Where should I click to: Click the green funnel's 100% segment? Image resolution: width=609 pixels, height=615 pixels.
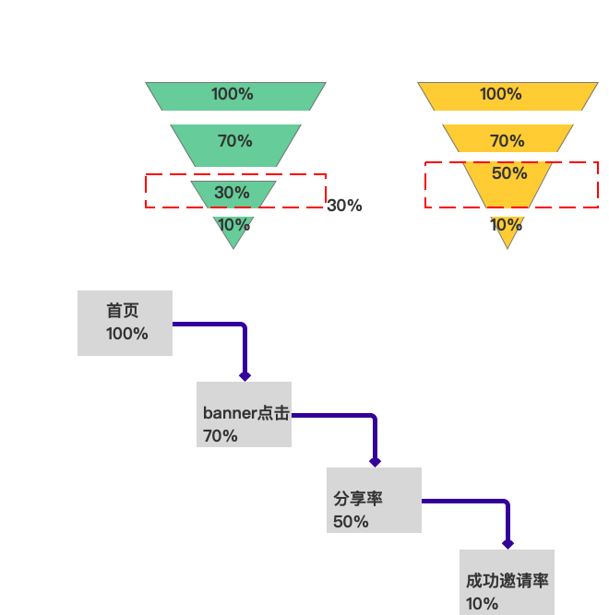(235, 95)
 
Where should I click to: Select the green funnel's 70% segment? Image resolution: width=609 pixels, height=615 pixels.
(235, 144)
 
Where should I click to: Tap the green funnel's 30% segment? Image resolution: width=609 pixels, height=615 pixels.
(233, 193)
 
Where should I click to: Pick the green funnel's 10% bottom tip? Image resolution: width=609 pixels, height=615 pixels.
(233, 231)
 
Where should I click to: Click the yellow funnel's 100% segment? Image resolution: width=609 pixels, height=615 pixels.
(507, 95)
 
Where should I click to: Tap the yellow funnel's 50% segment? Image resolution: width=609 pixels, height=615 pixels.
(507, 180)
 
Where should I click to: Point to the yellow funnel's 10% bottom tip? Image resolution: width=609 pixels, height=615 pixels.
(507, 231)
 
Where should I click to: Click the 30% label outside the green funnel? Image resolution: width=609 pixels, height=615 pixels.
(344, 207)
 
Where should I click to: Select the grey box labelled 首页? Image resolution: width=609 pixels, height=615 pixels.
(125, 323)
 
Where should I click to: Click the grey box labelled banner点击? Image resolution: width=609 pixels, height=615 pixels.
(244, 415)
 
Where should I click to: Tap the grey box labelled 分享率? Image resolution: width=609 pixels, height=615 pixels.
(374, 500)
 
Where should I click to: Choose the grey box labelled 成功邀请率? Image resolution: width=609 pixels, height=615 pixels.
(507, 582)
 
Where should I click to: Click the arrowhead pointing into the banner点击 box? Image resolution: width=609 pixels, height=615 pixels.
(245, 375)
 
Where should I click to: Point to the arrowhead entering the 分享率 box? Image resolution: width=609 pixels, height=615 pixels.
(375, 461)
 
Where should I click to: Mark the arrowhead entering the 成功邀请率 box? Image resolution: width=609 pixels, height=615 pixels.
(507, 544)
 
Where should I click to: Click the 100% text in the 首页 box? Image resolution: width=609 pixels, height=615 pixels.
(127, 334)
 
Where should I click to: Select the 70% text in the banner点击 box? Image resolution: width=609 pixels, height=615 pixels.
(221, 436)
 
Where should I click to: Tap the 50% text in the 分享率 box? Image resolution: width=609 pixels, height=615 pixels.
(351, 522)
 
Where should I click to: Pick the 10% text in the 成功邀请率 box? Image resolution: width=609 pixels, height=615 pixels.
(483, 604)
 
